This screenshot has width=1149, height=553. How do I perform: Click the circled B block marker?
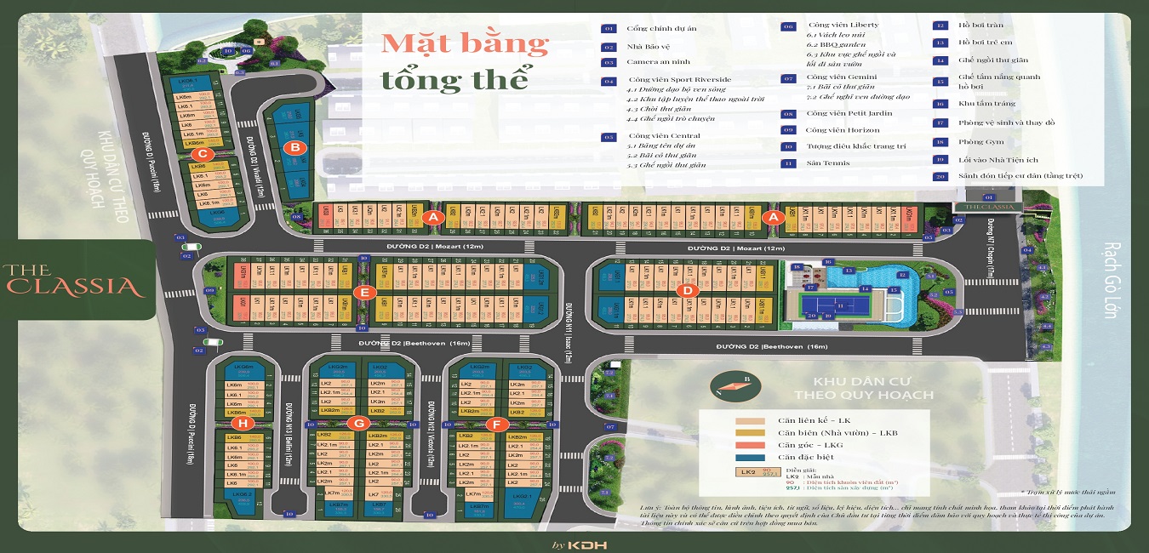(294, 147)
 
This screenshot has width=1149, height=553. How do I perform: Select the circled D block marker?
(687, 290)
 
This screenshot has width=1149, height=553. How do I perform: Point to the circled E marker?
(364, 292)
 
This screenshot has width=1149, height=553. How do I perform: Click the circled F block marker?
(495, 423)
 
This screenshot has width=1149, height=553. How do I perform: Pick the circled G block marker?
(359, 423)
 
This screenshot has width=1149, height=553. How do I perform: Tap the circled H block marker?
(244, 423)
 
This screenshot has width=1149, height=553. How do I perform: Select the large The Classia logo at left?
(71, 280)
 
